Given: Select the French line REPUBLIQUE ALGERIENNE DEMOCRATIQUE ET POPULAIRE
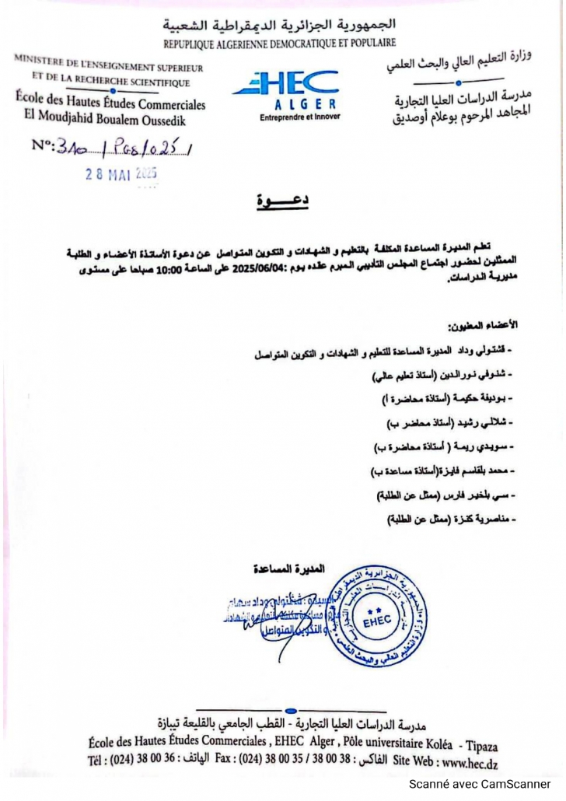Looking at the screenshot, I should click(279, 43).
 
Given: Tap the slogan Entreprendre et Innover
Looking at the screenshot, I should click(300, 117).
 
